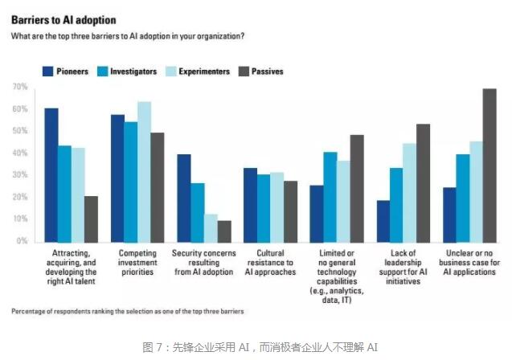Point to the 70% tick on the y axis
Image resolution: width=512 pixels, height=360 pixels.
20,87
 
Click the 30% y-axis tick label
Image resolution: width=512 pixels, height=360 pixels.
20,175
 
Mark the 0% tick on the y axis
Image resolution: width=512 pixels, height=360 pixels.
23,241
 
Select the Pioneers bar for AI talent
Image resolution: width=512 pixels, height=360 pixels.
51,174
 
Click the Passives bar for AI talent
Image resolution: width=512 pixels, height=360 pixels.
91,219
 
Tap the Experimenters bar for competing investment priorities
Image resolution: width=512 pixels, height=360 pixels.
144,171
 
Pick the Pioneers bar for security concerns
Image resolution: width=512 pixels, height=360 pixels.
184,198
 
